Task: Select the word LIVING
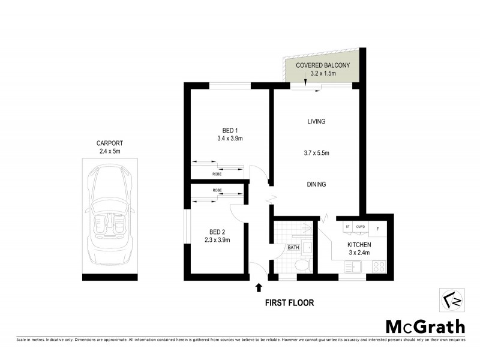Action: click(316, 121)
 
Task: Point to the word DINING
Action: click(316, 184)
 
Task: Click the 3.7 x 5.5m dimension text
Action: click(316, 153)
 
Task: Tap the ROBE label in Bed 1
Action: click(217, 173)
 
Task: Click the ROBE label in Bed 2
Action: click(217, 190)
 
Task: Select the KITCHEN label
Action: click(359, 245)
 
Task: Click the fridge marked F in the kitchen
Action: click(377, 227)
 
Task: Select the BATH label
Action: click(293, 247)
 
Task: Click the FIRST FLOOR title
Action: click(289, 303)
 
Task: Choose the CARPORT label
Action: click(110, 143)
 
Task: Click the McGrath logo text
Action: click(424, 326)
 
